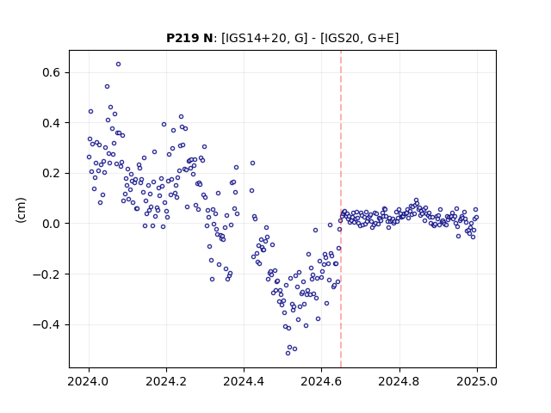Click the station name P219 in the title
(x=183, y=38)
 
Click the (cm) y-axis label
(x=21, y=210)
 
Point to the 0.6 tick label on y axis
(x=52, y=72)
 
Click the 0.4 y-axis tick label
(x=52, y=123)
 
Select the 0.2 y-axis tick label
(x=52, y=174)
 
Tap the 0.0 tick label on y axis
(x=52, y=224)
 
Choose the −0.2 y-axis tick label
(x=46, y=274)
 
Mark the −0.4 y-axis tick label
(x=46, y=325)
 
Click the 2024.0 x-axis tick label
(x=89, y=381)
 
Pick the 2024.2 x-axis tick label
(x=166, y=381)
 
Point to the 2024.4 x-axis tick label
(x=244, y=381)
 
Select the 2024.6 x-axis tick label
(x=321, y=381)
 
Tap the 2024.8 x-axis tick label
(x=399, y=381)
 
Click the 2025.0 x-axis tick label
(x=477, y=381)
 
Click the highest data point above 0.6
(x=119, y=65)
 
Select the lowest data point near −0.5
(x=288, y=353)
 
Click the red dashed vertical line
(x=341, y=209)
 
